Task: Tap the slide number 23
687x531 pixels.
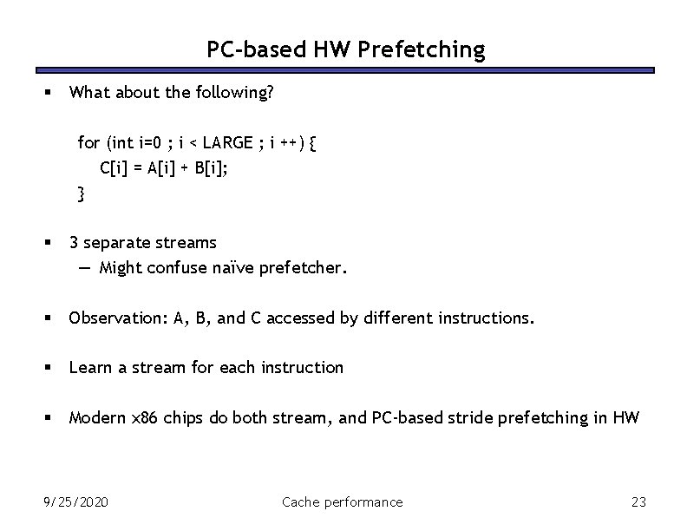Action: (x=639, y=501)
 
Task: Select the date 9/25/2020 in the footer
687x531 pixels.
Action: (x=75, y=501)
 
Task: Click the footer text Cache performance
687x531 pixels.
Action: (x=343, y=501)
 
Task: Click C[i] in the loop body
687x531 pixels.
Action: (x=114, y=168)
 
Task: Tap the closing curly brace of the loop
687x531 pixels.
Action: (x=82, y=193)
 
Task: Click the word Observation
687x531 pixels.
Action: (x=117, y=318)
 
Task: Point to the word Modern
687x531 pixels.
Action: (x=96, y=417)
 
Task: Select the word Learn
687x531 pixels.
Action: (x=89, y=368)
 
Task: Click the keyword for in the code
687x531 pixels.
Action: (x=88, y=143)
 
